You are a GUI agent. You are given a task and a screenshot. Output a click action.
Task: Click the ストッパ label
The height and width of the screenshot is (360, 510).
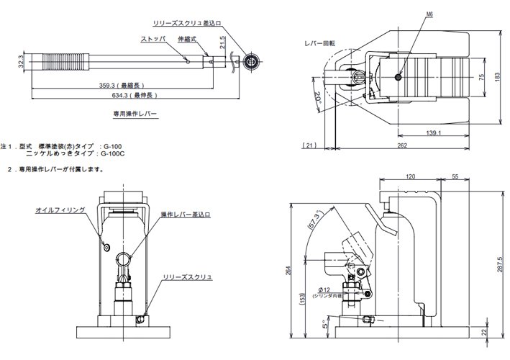click(153, 40)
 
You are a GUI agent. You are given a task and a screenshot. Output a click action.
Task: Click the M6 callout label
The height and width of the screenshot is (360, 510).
click(409, 13)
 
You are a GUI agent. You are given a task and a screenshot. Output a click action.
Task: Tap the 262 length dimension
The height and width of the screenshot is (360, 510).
click(401, 146)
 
